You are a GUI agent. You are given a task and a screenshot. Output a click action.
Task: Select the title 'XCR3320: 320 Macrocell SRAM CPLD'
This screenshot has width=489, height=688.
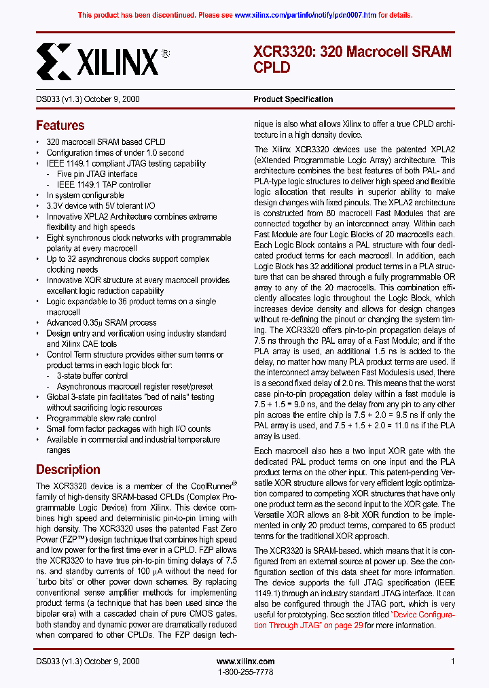[x=352, y=59]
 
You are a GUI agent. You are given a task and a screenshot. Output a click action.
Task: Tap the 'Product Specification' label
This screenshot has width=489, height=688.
[x=293, y=99]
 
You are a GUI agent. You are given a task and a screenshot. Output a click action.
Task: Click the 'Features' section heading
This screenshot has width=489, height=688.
[x=60, y=125]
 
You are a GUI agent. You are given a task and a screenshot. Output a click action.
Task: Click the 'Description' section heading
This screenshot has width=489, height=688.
[x=68, y=469]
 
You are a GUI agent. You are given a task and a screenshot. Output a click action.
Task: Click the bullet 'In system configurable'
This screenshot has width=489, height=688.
[x=85, y=195]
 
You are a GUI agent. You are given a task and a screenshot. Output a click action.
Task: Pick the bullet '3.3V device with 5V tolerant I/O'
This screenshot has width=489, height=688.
[x=101, y=206]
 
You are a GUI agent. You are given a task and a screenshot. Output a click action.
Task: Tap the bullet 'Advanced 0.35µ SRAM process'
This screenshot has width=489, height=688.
[x=101, y=323]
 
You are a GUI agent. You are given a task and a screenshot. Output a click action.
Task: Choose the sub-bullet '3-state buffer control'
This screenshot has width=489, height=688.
[x=92, y=376]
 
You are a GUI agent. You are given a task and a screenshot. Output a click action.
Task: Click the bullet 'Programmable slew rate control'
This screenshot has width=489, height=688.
[x=101, y=418]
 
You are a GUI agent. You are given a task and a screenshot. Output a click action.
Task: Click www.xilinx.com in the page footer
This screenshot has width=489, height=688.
[x=245, y=661]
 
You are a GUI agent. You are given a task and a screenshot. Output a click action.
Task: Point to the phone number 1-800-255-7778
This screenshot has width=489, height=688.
[x=245, y=672]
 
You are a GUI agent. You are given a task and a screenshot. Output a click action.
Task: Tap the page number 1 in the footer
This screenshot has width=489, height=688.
[x=452, y=661]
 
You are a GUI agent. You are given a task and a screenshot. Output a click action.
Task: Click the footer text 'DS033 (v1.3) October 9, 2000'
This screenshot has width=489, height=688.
[x=88, y=661]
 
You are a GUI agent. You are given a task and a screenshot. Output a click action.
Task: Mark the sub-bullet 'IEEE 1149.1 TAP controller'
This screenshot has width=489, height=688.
[x=103, y=185]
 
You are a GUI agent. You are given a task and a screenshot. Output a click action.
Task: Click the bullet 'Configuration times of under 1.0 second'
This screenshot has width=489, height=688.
[x=115, y=153]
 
